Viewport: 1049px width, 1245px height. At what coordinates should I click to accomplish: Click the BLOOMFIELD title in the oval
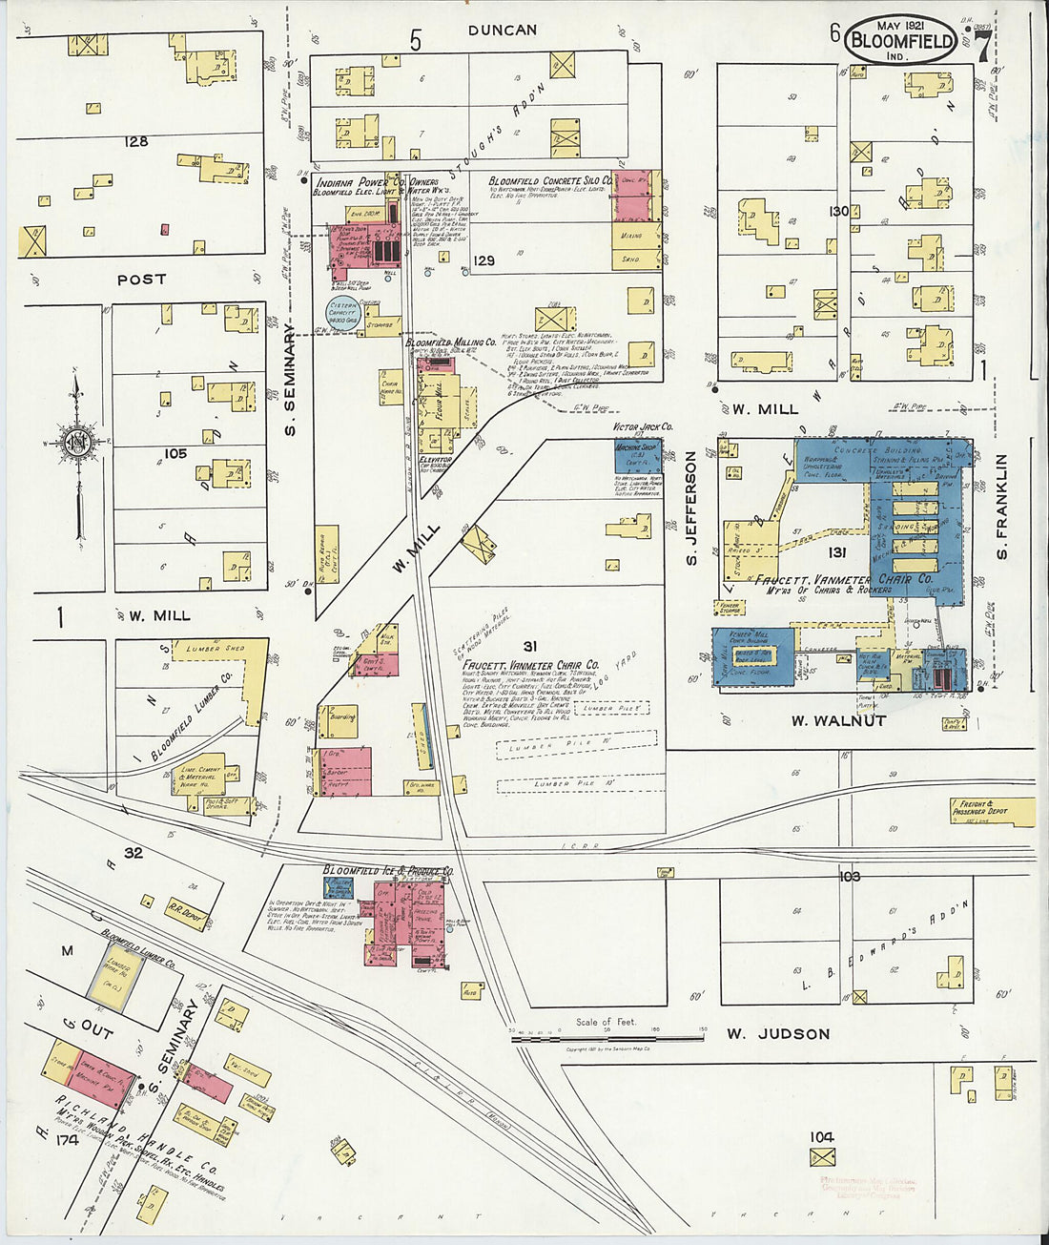click(901, 40)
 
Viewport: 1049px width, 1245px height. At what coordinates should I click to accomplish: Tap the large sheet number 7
click(982, 44)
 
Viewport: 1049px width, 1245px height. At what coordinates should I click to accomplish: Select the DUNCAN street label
click(502, 31)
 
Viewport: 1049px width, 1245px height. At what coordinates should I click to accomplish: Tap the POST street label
click(141, 280)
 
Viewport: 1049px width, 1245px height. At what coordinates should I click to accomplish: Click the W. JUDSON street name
click(778, 1033)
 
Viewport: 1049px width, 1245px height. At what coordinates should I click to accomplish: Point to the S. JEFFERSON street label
click(691, 508)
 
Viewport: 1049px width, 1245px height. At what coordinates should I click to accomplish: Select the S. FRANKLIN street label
click(1001, 507)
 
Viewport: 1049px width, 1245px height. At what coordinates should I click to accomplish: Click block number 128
click(135, 141)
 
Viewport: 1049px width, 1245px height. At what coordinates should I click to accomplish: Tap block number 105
click(175, 453)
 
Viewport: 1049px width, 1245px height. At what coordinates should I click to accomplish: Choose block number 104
click(821, 1136)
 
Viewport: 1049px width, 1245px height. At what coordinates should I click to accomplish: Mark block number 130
click(838, 211)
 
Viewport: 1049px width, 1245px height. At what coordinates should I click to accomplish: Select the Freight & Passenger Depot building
click(992, 812)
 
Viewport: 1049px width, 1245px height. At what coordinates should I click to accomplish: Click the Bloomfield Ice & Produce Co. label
click(388, 870)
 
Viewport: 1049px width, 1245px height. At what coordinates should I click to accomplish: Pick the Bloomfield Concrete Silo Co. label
click(550, 180)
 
